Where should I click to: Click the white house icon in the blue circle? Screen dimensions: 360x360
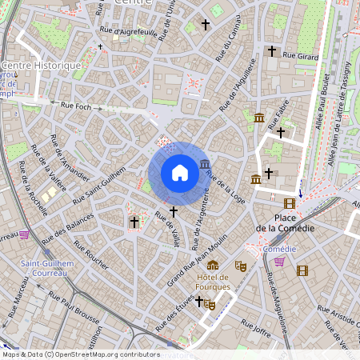point(180,173)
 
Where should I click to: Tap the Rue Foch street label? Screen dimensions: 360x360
point(77,105)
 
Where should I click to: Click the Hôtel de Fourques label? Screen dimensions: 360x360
point(213,282)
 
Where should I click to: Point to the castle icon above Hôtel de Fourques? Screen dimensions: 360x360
point(212,265)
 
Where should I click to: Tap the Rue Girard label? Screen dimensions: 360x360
point(302,57)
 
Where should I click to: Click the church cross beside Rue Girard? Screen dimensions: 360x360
point(271,51)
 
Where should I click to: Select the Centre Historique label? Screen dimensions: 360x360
point(42,65)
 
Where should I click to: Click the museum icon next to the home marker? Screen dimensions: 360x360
point(206,165)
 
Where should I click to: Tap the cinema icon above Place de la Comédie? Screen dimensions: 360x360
point(289,203)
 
